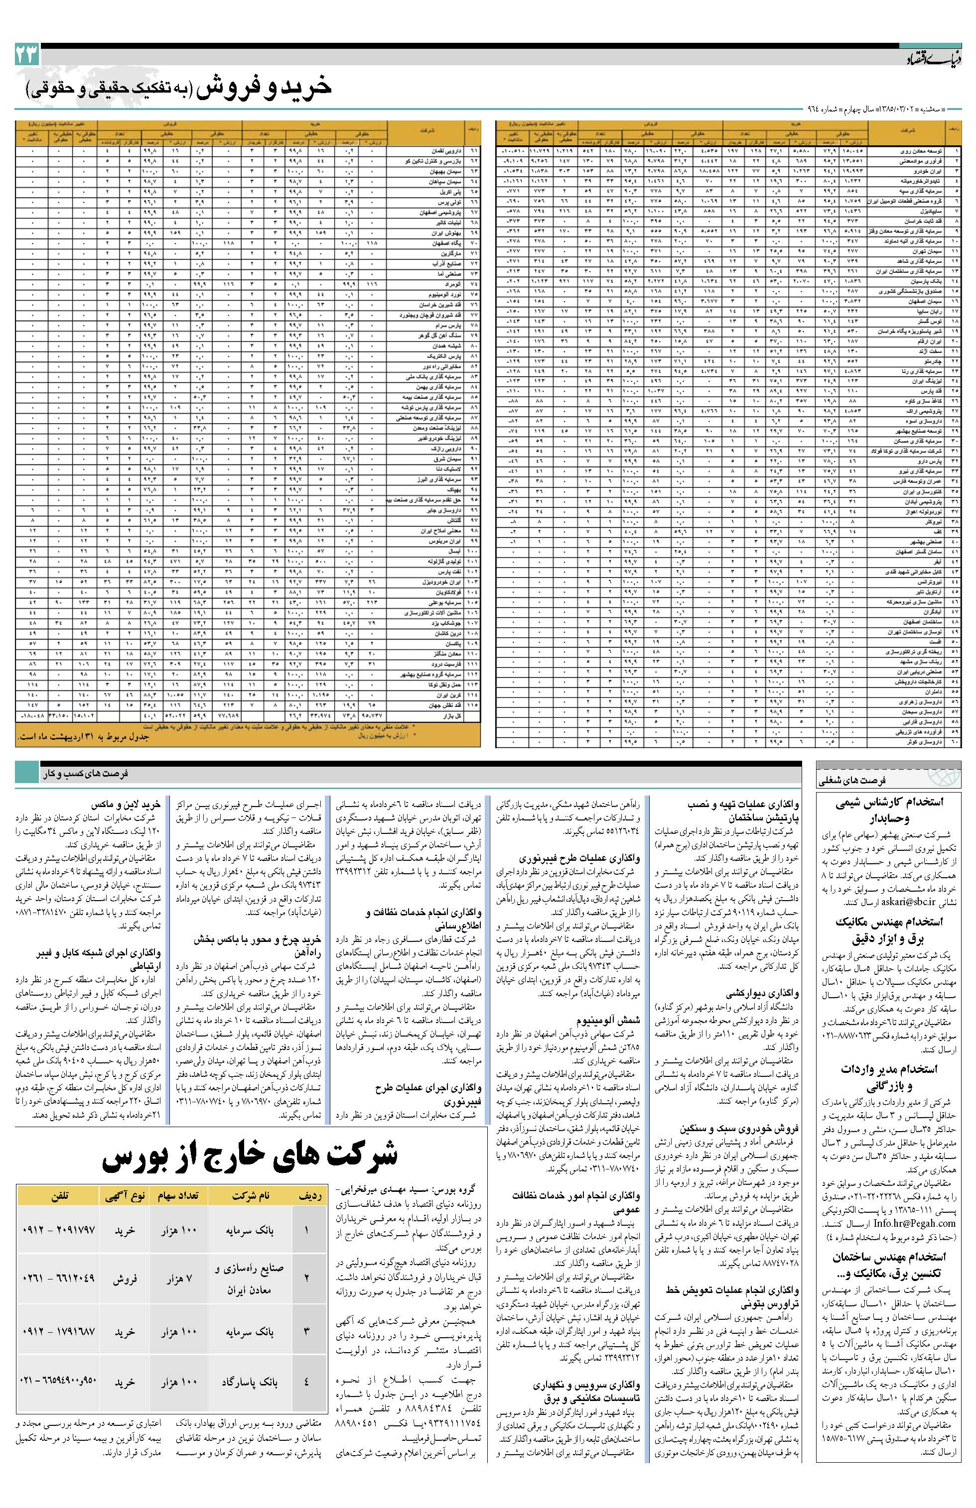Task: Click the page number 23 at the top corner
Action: [26, 55]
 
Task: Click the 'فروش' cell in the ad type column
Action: [126, 1280]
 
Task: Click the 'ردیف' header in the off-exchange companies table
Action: [310, 1196]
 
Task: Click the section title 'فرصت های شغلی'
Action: [873, 781]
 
